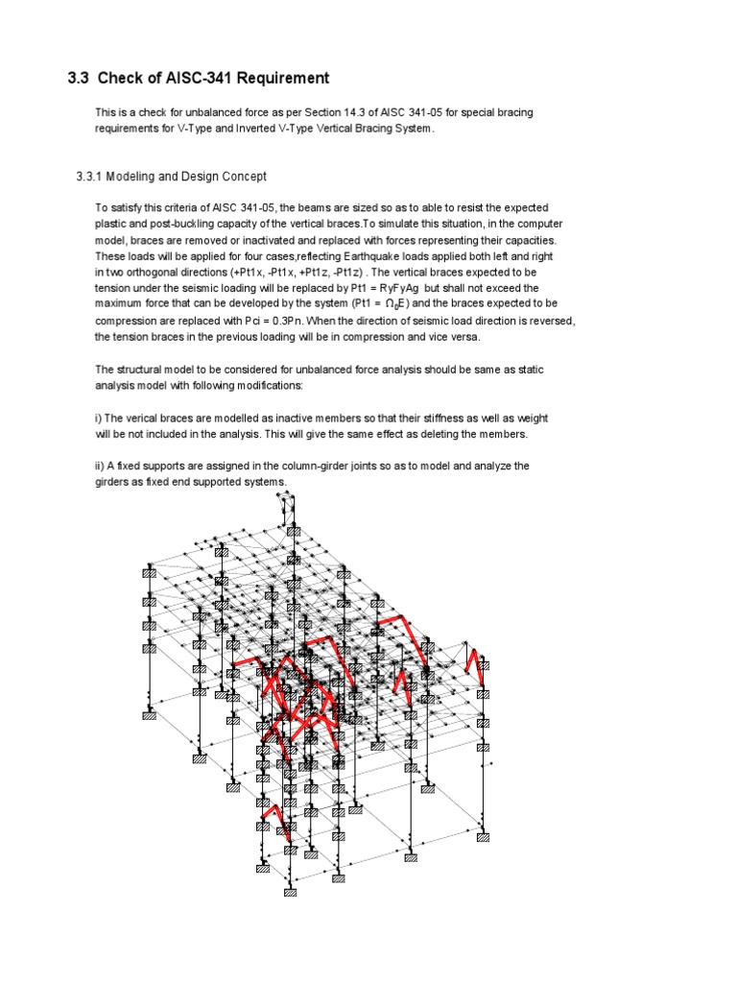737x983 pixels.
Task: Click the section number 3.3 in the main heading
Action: click(79, 78)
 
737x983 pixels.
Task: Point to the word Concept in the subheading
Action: click(241, 177)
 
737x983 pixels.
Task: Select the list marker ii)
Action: click(101, 466)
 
